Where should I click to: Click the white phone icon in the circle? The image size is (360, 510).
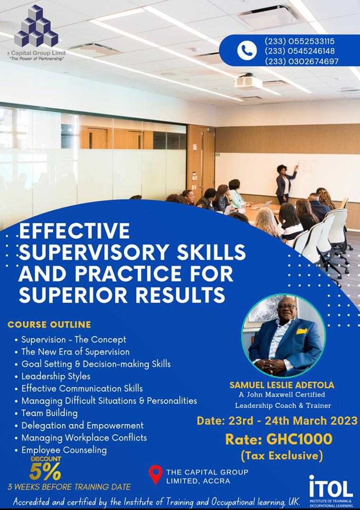(x=247, y=51)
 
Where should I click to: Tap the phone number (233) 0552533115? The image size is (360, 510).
(x=300, y=41)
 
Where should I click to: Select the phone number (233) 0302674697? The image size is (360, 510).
(x=301, y=61)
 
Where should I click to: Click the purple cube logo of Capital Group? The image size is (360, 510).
(x=36, y=25)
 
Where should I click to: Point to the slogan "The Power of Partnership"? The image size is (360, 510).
(x=37, y=59)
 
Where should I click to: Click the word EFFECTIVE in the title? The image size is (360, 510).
(x=75, y=231)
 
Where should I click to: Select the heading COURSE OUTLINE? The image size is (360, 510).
(x=49, y=324)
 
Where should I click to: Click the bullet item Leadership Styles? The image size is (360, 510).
(x=56, y=376)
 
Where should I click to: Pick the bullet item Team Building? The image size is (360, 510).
(x=50, y=413)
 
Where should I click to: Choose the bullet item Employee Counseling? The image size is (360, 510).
(x=64, y=450)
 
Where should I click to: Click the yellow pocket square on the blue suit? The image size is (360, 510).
(x=302, y=331)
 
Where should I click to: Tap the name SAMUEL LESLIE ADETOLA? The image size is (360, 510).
(x=282, y=385)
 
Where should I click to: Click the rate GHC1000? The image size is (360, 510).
(x=300, y=439)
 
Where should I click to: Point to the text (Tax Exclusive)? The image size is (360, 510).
(x=282, y=456)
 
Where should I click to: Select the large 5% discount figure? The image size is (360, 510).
(x=45, y=471)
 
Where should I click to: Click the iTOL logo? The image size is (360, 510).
(x=331, y=491)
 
